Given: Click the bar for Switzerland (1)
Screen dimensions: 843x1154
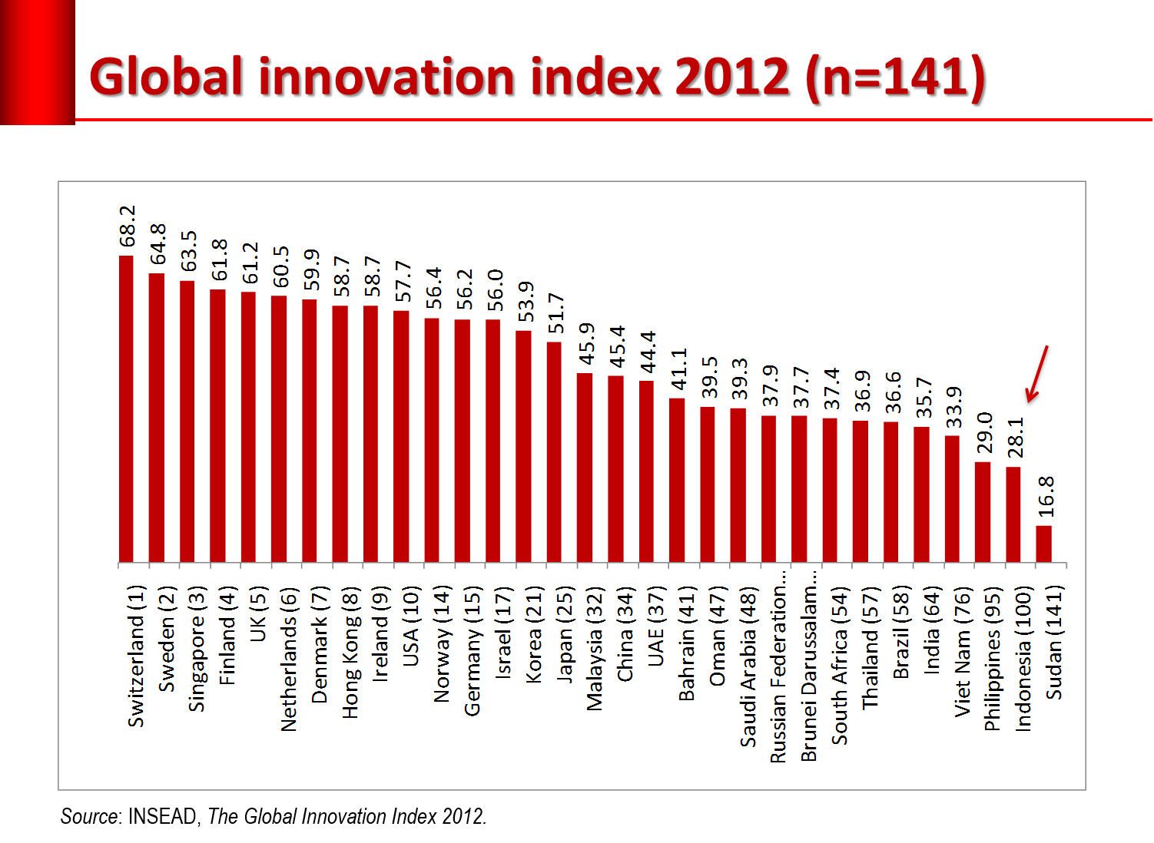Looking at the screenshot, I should pyautogui.click(x=126, y=408).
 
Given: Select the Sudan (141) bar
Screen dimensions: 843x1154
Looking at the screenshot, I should pyautogui.click(x=1043, y=544).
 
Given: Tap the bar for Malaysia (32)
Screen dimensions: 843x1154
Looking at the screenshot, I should pyautogui.click(x=585, y=468).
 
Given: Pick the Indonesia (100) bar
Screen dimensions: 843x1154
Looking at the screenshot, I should pyautogui.click(x=1013, y=514).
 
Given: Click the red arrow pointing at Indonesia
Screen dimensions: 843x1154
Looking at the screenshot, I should pyautogui.click(x=1036, y=374).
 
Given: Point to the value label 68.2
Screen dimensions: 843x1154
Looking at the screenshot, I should pyautogui.click(x=128, y=226).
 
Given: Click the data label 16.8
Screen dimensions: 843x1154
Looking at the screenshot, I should pyautogui.click(x=1046, y=496).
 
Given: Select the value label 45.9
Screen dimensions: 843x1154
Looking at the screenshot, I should pyautogui.click(x=587, y=343).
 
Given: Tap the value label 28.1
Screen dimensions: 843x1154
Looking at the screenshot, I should pyautogui.click(x=1016, y=438).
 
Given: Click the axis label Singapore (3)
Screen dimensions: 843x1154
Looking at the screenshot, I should pyautogui.click(x=197, y=649).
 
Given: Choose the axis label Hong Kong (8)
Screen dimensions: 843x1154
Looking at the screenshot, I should pyautogui.click(x=350, y=653).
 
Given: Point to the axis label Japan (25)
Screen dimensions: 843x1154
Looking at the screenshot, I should pyautogui.click(x=565, y=634).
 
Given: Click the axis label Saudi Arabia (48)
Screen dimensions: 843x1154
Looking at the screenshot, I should pyautogui.click(x=748, y=666).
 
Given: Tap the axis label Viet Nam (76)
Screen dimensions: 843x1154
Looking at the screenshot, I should pyautogui.click(x=963, y=652).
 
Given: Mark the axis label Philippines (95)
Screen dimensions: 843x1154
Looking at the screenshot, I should pyautogui.click(x=993, y=659).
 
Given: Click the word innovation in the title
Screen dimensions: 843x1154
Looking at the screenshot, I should pyautogui.click(x=386, y=77).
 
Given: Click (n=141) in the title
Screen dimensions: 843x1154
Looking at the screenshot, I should pyautogui.click(x=895, y=78).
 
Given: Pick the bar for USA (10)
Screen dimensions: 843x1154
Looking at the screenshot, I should pyautogui.click(x=401, y=436).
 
